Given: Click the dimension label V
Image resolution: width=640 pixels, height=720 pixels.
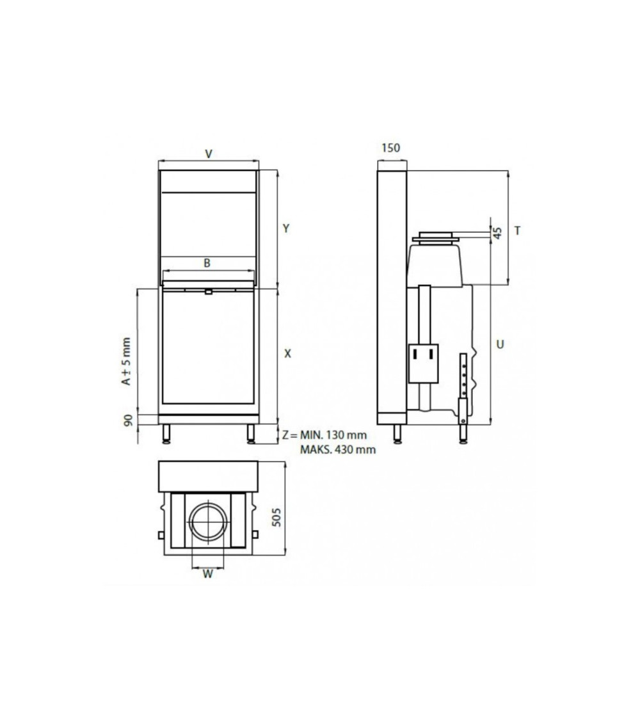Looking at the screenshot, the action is (209, 154).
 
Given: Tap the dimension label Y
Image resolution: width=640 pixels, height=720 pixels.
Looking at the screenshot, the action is (286, 228).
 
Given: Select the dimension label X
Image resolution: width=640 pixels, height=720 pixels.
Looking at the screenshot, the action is (287, 353).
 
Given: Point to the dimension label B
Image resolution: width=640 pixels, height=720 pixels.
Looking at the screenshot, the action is (207, 263).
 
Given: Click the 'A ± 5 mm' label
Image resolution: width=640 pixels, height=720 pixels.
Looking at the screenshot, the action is (126, 362).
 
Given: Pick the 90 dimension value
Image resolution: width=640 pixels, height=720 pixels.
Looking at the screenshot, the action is (129, 420).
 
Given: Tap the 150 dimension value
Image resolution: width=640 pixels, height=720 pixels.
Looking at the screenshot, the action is (390, 148).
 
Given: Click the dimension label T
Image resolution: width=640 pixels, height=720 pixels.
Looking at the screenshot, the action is (517, 230).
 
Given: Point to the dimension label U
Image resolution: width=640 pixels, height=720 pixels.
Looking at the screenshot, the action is (500, 344).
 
